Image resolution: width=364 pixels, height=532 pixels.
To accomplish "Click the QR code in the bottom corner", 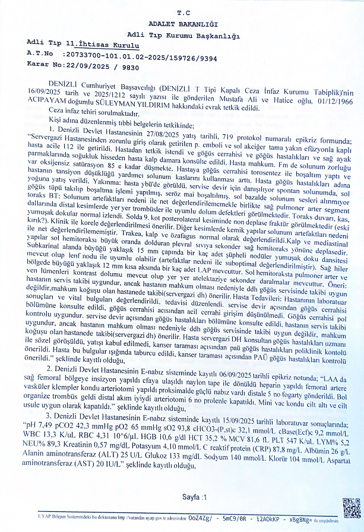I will tap(351, 509).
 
